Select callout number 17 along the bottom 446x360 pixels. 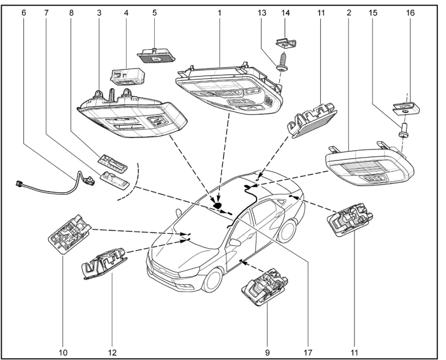(x=307, y=351)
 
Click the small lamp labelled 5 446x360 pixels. (x=155, y=53)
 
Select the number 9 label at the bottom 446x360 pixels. (x=266, y=351)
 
